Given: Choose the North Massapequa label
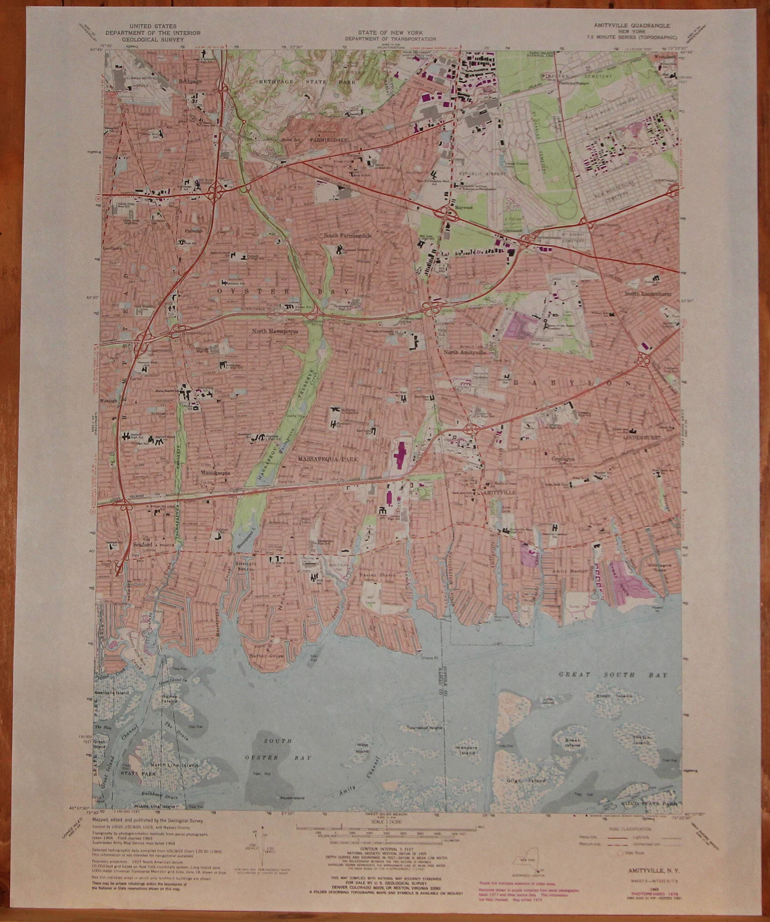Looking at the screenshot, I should pos(276,331).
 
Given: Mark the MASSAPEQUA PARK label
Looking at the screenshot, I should pos(328,460).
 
